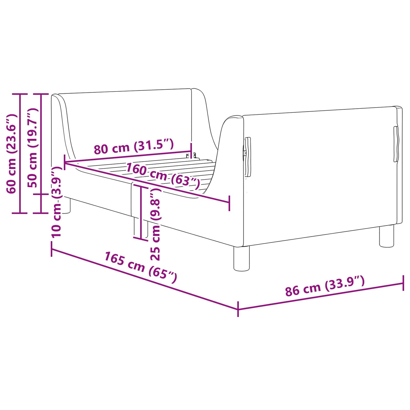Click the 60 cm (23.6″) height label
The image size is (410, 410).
coord(12,154)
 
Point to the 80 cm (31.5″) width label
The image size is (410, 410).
coord(134,147)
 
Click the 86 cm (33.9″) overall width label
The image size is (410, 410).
coord(325,286)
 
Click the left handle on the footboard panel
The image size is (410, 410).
coord(248,157)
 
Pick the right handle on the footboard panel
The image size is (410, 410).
coord(396,144)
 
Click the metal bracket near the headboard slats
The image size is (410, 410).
coord(191,155)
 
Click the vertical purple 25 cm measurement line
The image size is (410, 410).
coord(141,213)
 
